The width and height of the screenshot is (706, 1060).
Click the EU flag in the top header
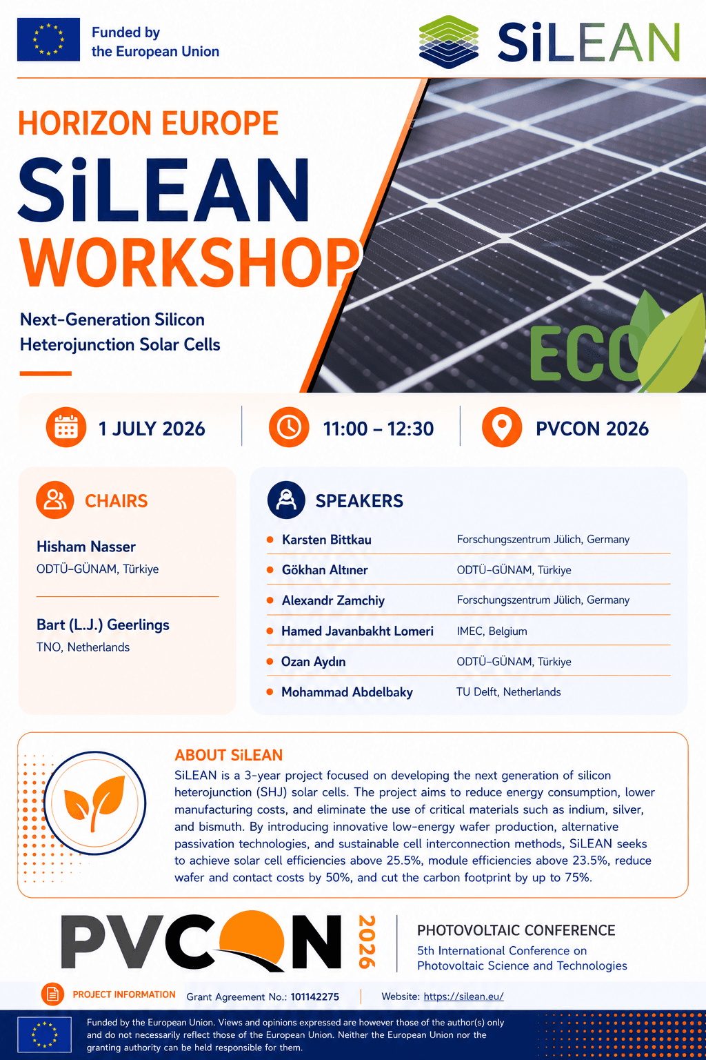(48, 40)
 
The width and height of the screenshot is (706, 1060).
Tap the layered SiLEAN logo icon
(448, 41)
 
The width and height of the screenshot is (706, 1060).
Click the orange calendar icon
(66, 427)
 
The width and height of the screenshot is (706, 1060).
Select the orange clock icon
(289, 427)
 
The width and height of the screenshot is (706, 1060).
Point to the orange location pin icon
(502, 427)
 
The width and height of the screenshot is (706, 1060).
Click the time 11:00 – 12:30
(379, 429)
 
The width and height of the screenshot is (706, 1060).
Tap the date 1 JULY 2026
(152, 429)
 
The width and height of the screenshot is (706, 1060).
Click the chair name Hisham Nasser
(86, 547)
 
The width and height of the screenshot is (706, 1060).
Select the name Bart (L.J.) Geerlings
(103, 625)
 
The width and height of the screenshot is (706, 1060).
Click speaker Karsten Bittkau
(326, 540)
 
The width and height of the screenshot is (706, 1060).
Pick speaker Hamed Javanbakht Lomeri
(357, 631)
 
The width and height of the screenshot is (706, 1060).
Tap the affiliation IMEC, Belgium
(492, 631)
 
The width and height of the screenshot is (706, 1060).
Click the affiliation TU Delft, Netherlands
(508, 692)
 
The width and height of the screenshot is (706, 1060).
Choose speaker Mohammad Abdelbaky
(347, 692)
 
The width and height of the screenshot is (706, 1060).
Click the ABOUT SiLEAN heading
(228, 755)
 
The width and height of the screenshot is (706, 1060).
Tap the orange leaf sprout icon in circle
(94, 803)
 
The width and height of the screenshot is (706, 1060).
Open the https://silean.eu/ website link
(463, 996)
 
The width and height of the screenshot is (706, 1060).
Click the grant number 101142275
(314, 997)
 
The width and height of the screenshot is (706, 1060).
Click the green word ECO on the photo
(585, 354)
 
